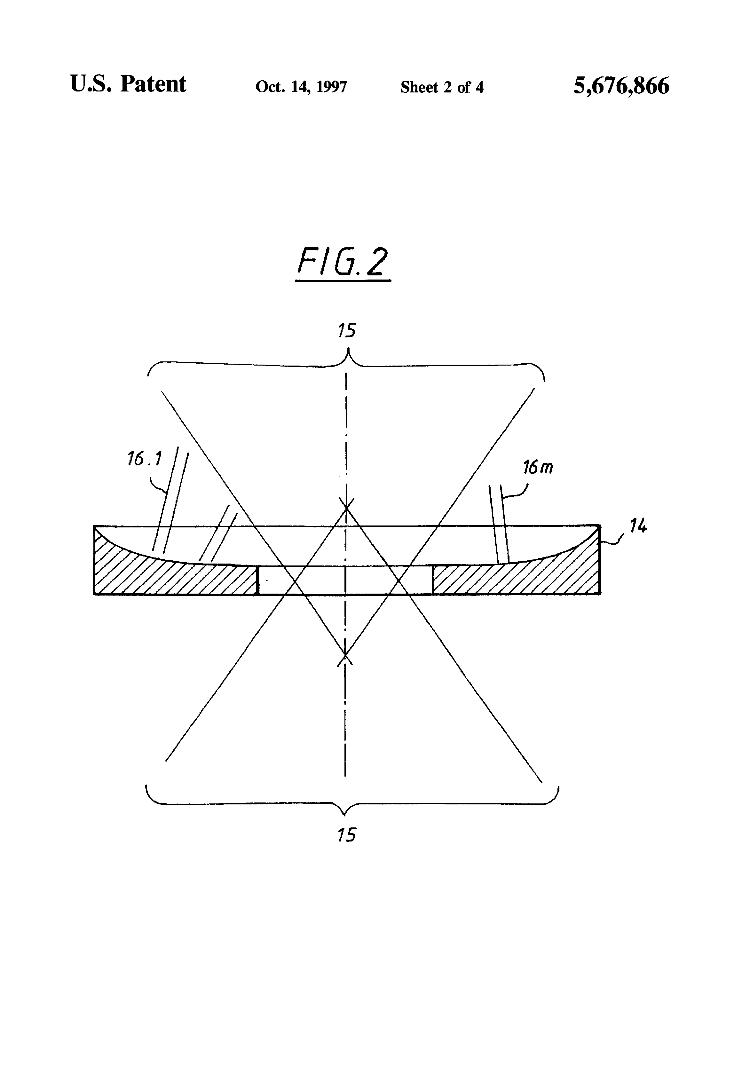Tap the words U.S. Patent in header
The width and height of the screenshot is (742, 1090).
pyautogui.click(x=128, y=84)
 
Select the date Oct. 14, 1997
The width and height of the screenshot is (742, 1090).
pyautogui.click(x=301, y=87)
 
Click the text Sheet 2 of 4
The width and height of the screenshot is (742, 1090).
pyautogui.click(x=441, y=87)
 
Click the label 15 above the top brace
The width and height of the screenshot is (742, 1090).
pyautogui.click(x=347, y=331)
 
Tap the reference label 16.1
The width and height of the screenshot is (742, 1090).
pyautogui.click(x=144, y=459)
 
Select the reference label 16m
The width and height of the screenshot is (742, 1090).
pyautogui.click(x=538, y=467)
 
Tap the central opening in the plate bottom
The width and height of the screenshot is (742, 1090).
pyautogui.click(x=345, y=581)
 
